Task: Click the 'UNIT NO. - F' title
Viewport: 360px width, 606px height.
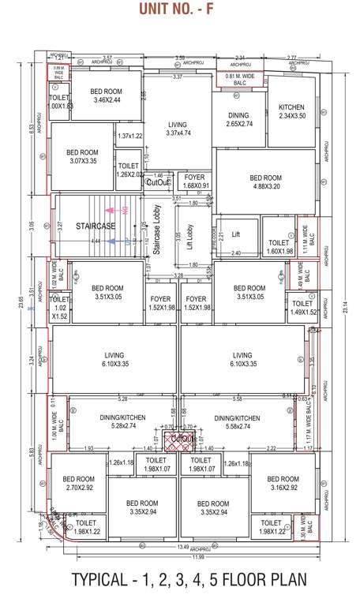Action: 180,9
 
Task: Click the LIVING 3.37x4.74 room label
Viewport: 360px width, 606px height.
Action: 178,129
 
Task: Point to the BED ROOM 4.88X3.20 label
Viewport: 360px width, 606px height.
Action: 265,183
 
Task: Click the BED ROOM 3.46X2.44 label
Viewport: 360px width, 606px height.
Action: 105,95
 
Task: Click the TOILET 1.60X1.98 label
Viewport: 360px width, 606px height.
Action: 279,247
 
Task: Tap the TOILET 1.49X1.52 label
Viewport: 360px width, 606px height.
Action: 302,308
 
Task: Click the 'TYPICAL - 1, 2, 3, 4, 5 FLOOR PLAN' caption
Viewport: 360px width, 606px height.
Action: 180,579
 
